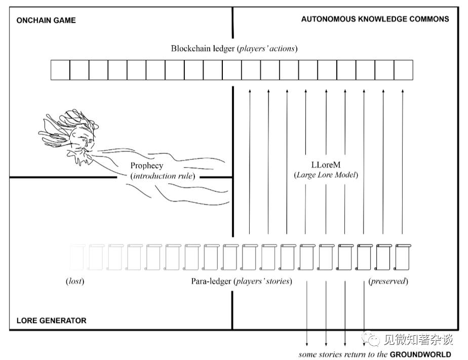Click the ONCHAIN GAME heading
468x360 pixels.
[x=46, y=20]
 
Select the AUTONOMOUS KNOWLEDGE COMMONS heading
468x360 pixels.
[x=375, y=19]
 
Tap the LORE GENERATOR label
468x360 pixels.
[x=51, y=321]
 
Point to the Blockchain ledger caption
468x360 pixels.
[x=233, y=49]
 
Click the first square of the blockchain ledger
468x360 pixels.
[x=60, y=70]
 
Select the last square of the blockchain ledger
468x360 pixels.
[x=403, y=70]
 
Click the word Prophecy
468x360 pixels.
[x=147, y=166]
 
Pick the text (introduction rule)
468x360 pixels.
[x=163, y=176]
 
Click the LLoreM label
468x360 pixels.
[x=326, y=165]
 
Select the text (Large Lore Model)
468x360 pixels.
[x=326, y=175]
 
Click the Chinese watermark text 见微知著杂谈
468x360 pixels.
[x=418, y=340]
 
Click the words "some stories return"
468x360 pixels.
[x=328, y=354]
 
